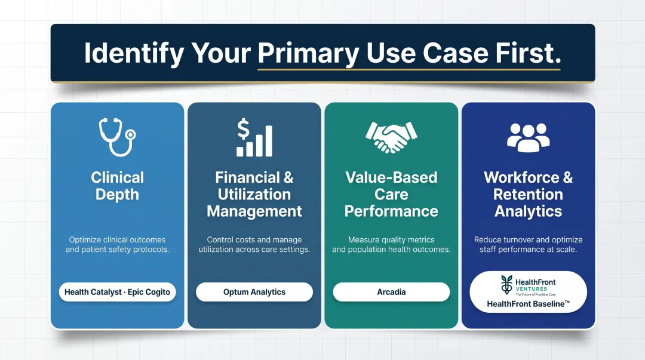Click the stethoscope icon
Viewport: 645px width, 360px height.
click(x=116, y=138)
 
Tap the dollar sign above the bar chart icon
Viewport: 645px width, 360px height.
click(x=243, y=128)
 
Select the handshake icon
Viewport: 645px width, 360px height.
click(x=391, y=138)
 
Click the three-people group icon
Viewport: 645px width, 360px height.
click(x=528, y=137)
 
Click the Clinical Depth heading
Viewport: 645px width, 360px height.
click(x=117, y=186)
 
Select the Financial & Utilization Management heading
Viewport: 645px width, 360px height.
click(x=254, y=194)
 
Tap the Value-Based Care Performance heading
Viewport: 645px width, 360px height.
click(x=391, y=194)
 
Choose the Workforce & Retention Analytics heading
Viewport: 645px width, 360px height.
click(x=528, y=194)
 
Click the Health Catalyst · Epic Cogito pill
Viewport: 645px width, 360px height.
click(x=117, y=292)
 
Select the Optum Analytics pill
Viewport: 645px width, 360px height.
click(x=254, y=292)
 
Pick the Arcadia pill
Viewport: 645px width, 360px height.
click(x=391, y=292)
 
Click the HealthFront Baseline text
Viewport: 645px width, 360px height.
click(x=528, y=303)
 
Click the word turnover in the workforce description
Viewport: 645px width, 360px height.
click(x=521, y=239)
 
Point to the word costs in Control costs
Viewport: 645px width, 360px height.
click(x=250, y=239)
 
